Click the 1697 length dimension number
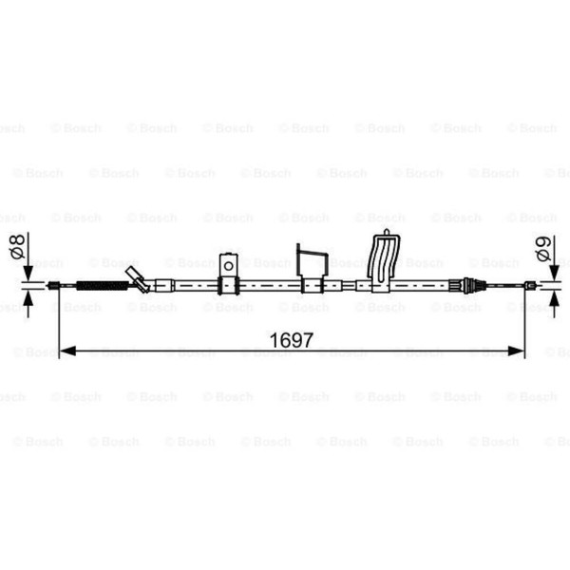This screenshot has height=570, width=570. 291,340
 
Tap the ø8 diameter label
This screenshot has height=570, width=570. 18,246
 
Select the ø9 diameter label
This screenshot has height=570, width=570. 543,249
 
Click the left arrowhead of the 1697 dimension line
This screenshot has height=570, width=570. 67,351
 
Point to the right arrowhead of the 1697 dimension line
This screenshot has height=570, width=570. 516,351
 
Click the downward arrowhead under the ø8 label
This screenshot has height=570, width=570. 28,274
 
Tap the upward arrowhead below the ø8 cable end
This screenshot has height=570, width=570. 28,298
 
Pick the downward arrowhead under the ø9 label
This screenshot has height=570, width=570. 554,273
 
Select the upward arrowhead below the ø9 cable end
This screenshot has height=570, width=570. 554,299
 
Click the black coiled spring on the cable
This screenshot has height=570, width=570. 103,286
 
